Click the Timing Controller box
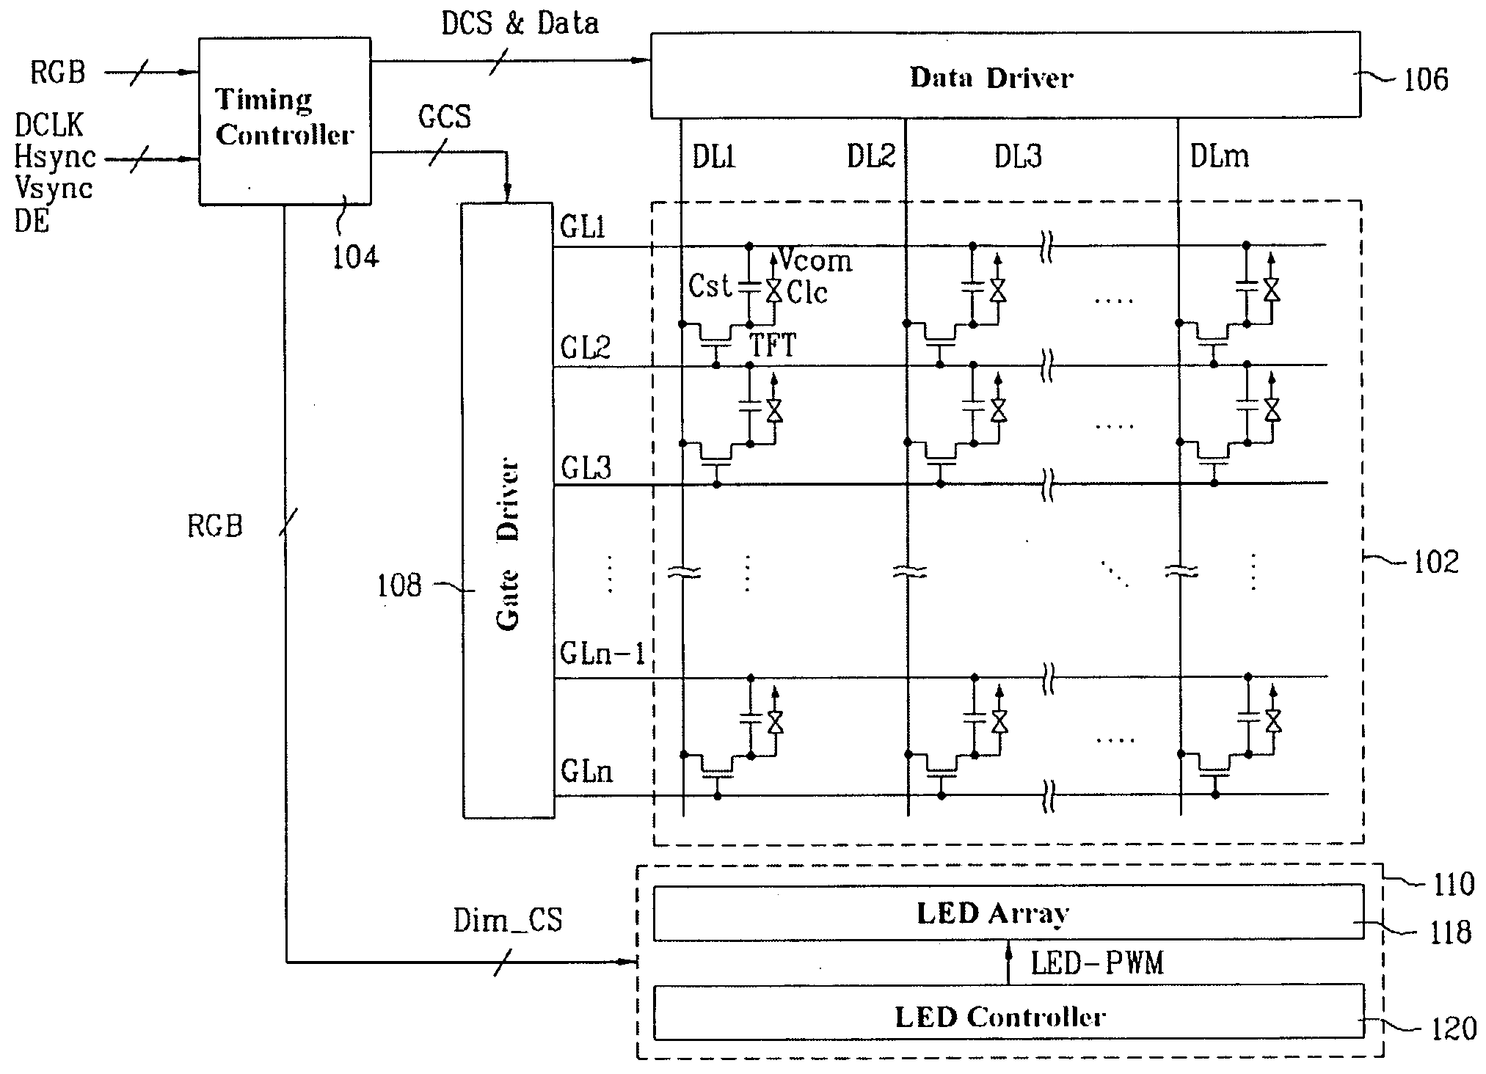[285, 121]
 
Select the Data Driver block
[1005, 76]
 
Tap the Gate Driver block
[508, 510]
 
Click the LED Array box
[1008, 913]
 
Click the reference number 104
[356, 257]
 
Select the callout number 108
[399, 585]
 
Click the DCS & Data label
[520, 23]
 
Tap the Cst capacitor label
[710, 286]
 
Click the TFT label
[772, 345]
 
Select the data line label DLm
[1219, 156]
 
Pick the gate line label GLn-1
[602, 653]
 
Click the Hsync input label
[56, 157]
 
